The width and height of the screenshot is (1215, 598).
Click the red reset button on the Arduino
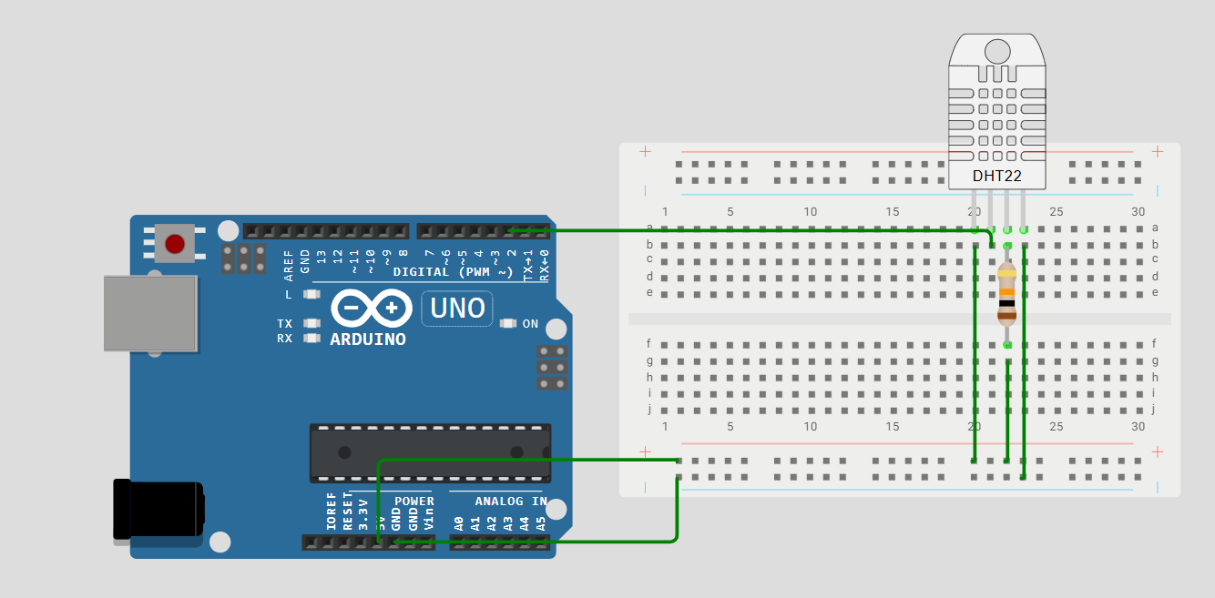pos(174,244)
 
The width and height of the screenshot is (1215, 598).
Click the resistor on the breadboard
pos(1006,294)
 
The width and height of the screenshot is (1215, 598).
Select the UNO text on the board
pos(457,309)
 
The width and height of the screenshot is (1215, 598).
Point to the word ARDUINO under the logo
pos(368,340)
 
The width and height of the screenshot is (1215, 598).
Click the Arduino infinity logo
pos(369,309)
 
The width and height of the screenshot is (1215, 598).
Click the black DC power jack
pos(157,511)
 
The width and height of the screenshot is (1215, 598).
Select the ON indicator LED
pos(508,324)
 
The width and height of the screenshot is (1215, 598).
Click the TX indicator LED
pos(312,324)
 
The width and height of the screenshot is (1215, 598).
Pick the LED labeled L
pos(312,295)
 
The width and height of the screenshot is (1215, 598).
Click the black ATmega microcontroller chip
pos(430,452)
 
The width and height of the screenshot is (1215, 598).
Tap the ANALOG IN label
pos(511,502)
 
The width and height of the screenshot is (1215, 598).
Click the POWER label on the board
pos(414,502)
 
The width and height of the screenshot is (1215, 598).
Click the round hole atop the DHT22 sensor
pos(997,51)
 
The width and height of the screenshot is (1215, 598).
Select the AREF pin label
pos(289,261)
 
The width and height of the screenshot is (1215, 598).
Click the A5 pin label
pos(541,523)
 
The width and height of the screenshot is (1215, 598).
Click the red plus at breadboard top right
pos(1158,151)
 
